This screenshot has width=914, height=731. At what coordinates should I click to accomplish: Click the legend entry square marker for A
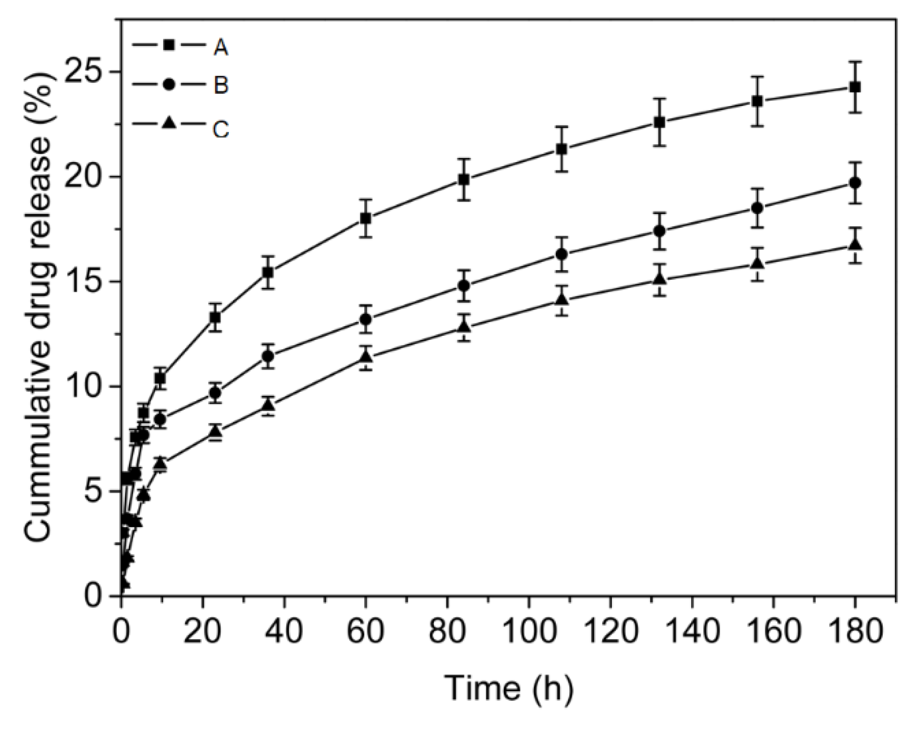coord(169,45)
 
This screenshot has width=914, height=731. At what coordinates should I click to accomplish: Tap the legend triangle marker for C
coord(169,123)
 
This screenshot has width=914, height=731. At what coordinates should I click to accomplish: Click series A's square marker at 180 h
coord(855,87)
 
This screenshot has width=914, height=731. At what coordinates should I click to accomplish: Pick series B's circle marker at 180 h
coord(855,183)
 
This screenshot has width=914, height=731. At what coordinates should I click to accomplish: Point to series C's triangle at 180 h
coord(855,244)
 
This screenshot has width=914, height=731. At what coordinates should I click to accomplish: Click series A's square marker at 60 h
coord(366,218)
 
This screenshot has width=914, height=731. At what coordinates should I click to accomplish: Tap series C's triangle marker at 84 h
coord(464,327)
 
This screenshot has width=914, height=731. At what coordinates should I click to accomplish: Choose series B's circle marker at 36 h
coord(268,356)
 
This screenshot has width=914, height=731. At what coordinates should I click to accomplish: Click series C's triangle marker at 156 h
coord(757,263)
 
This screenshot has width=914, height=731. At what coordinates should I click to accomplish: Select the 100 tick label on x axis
coord(529,632)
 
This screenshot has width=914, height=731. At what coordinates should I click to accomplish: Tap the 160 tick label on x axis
coord(774,632)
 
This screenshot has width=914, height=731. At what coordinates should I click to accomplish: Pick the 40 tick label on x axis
coord(284,632)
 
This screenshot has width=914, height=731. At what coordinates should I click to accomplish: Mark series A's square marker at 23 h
coord(215,318)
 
